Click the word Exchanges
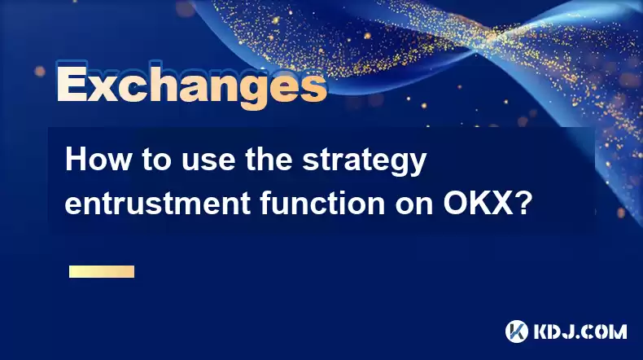(192, 86)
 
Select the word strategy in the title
(365, 162)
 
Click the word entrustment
(158, 203)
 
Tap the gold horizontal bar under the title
(102, 272)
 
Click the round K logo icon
(517, 331)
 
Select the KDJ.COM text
(580, 331)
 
